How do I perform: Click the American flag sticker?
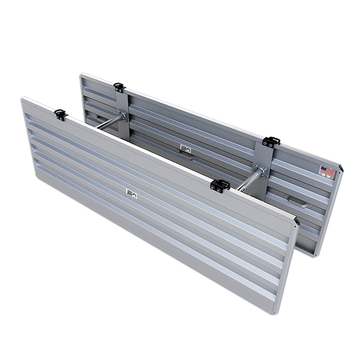(325, 169)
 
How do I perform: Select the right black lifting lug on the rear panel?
(270, 141)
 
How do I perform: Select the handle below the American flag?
(297, 202)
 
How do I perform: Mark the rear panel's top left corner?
(81, 75)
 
